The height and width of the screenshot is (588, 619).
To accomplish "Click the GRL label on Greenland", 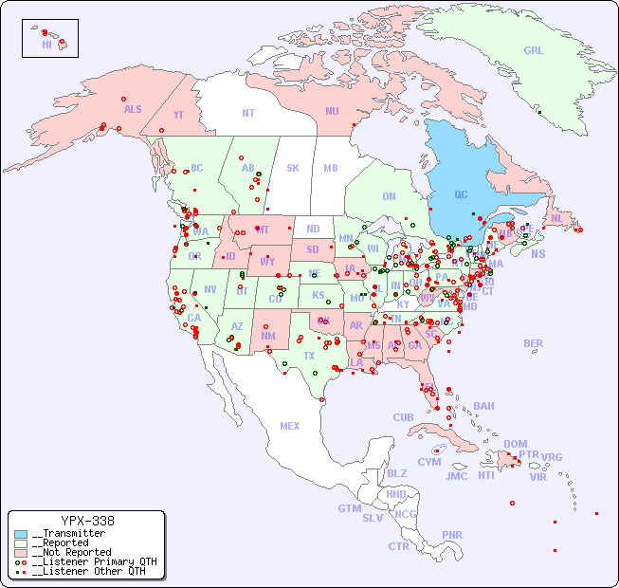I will (534, 51).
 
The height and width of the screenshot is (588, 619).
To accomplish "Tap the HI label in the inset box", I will (46, 45).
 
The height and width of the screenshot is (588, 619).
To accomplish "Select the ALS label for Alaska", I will (133, 110).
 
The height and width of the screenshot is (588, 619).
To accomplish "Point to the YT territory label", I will (178, 115).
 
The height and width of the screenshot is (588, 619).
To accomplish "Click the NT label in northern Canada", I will (247, 113).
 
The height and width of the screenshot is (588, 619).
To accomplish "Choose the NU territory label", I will (332, 111).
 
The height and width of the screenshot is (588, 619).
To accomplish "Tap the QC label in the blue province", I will (461, 195).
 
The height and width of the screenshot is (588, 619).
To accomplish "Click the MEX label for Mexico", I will (289, 426).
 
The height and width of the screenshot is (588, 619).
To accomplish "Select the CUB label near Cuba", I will (403, 417).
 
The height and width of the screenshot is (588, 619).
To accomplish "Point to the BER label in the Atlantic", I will (533, 343).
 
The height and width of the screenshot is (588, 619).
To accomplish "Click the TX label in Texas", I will (308, 356).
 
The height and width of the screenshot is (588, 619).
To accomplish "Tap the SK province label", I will (293, 168).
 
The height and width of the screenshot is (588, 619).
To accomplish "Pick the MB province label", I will (330, 168).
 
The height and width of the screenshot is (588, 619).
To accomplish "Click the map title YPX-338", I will (87, 521).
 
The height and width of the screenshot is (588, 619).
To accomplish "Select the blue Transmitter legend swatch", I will (21, 534).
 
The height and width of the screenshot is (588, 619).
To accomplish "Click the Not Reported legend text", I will (71, 552).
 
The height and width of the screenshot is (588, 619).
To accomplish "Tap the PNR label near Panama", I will (452, 535).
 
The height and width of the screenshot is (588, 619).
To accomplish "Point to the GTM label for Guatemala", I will (349, 508).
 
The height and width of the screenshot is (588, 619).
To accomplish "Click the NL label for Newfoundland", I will (556, 217).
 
